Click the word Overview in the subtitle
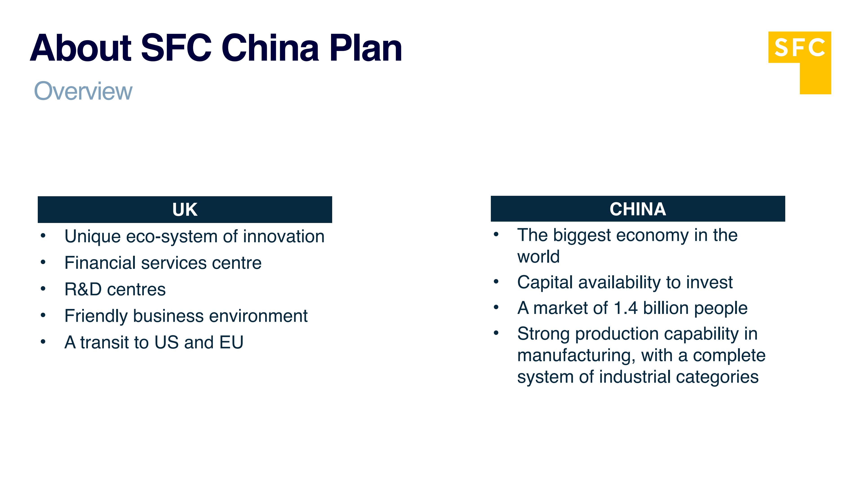pos(83,91)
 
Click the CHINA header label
pos(638,209)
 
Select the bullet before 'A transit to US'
pos(43,342)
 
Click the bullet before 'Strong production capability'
pos(496,333)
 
